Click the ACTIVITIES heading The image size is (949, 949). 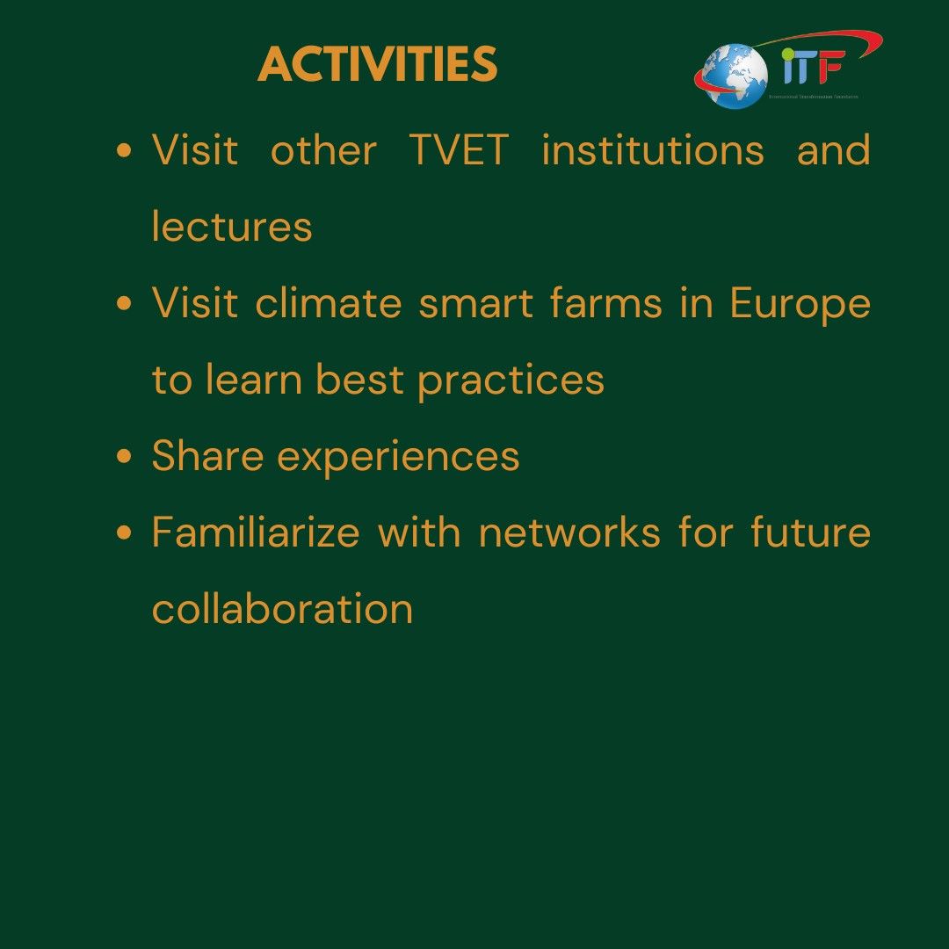[378, 65]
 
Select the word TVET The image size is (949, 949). [459, 150]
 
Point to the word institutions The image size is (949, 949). [653, 150]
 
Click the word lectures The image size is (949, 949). [232, 227]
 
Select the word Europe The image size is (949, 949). [800, 305]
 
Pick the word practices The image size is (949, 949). [511, 380]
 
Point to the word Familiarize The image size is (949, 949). [255, 532]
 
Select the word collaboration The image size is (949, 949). [282, 609]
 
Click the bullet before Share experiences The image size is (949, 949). [125, 457]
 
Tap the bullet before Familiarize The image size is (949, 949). [125, 532]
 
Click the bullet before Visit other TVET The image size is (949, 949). [125, 151]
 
